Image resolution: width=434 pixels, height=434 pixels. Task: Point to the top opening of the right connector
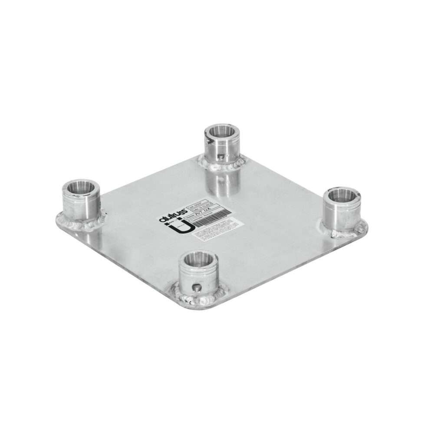point(342,196)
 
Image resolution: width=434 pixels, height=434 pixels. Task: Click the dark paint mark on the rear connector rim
point(209,140)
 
